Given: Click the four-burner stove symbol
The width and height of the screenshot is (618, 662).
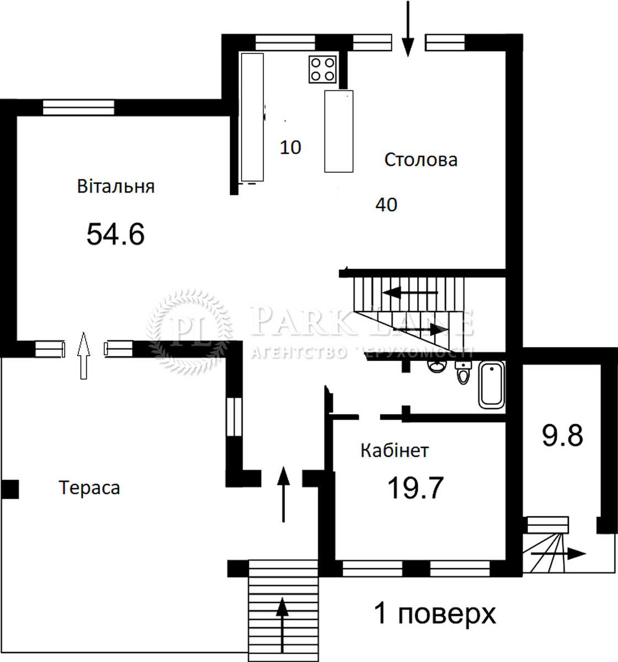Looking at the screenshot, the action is click(322, 69).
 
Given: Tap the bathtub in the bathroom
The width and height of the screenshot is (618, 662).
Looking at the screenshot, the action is click(492, 385).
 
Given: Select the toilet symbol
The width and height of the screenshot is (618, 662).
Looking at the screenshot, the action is click(464, 372).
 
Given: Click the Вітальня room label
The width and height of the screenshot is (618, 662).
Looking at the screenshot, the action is click(116, 186).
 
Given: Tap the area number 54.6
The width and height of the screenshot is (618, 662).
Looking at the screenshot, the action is click(115, 234).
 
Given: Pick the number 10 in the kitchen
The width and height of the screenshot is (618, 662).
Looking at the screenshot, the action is click(290, 147).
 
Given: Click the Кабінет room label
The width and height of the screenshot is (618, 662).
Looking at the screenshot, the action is click(395, 451).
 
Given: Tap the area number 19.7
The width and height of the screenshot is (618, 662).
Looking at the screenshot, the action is click(415, 488).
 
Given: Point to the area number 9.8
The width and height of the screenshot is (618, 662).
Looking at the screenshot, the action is click(563, 435).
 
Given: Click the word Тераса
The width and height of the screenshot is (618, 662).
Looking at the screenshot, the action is click(89, 488).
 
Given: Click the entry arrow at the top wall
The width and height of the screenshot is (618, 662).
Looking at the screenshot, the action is click(408, 29).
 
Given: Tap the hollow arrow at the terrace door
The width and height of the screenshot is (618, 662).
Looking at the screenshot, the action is click(84, 355).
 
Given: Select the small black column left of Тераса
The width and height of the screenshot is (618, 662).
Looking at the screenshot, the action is click(10, 489).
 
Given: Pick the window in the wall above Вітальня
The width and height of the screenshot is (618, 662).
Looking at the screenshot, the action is click(79, 108).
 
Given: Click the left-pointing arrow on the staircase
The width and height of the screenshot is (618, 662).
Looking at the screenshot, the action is click(410, 293).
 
